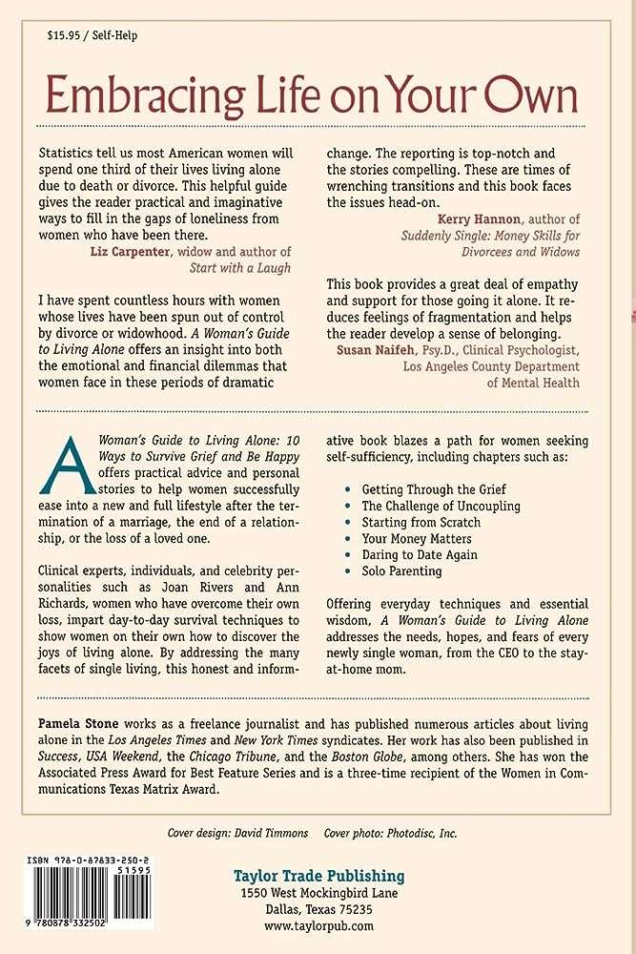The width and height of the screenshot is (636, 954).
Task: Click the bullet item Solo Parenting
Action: click(401, 570)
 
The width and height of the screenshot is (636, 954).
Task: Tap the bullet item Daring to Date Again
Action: click(420, 554)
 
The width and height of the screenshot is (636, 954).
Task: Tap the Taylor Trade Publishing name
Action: click(319, 876)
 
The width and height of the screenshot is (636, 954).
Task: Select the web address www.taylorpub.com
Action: click(318, 925)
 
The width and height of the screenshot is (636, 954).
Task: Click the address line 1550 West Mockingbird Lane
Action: click(318, 894)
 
